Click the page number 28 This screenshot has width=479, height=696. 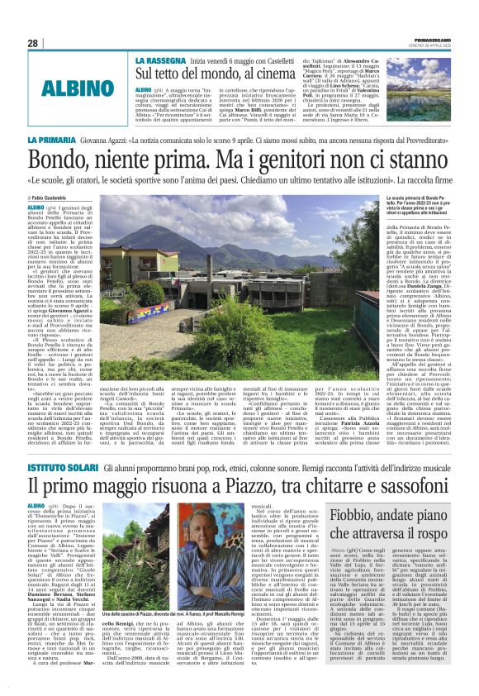click(x=32, y=43)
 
